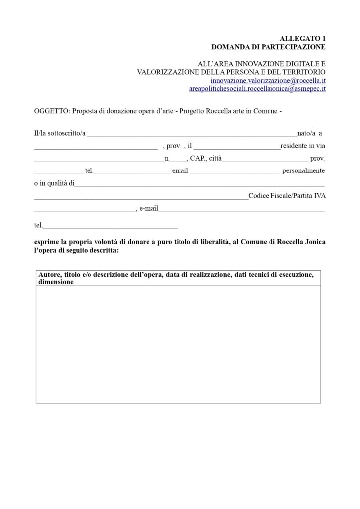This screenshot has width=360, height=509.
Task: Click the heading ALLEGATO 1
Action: coord(302,38)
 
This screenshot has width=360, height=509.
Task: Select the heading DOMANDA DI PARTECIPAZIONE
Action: coord(268,47)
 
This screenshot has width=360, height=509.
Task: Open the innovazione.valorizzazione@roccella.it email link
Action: coord(268,80)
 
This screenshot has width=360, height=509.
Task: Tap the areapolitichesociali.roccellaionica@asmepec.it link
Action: coord(257,89)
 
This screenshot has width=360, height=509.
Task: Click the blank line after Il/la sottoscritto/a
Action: coord(191,134)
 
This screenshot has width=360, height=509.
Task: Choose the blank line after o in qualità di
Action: coord(199,184)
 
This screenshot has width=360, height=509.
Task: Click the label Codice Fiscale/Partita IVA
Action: coord(286,196)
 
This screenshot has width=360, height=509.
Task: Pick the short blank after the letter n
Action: coord(177,159)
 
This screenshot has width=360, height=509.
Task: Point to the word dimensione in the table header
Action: coord(56,282)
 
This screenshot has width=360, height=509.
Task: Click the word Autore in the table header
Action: coord(50,274)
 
